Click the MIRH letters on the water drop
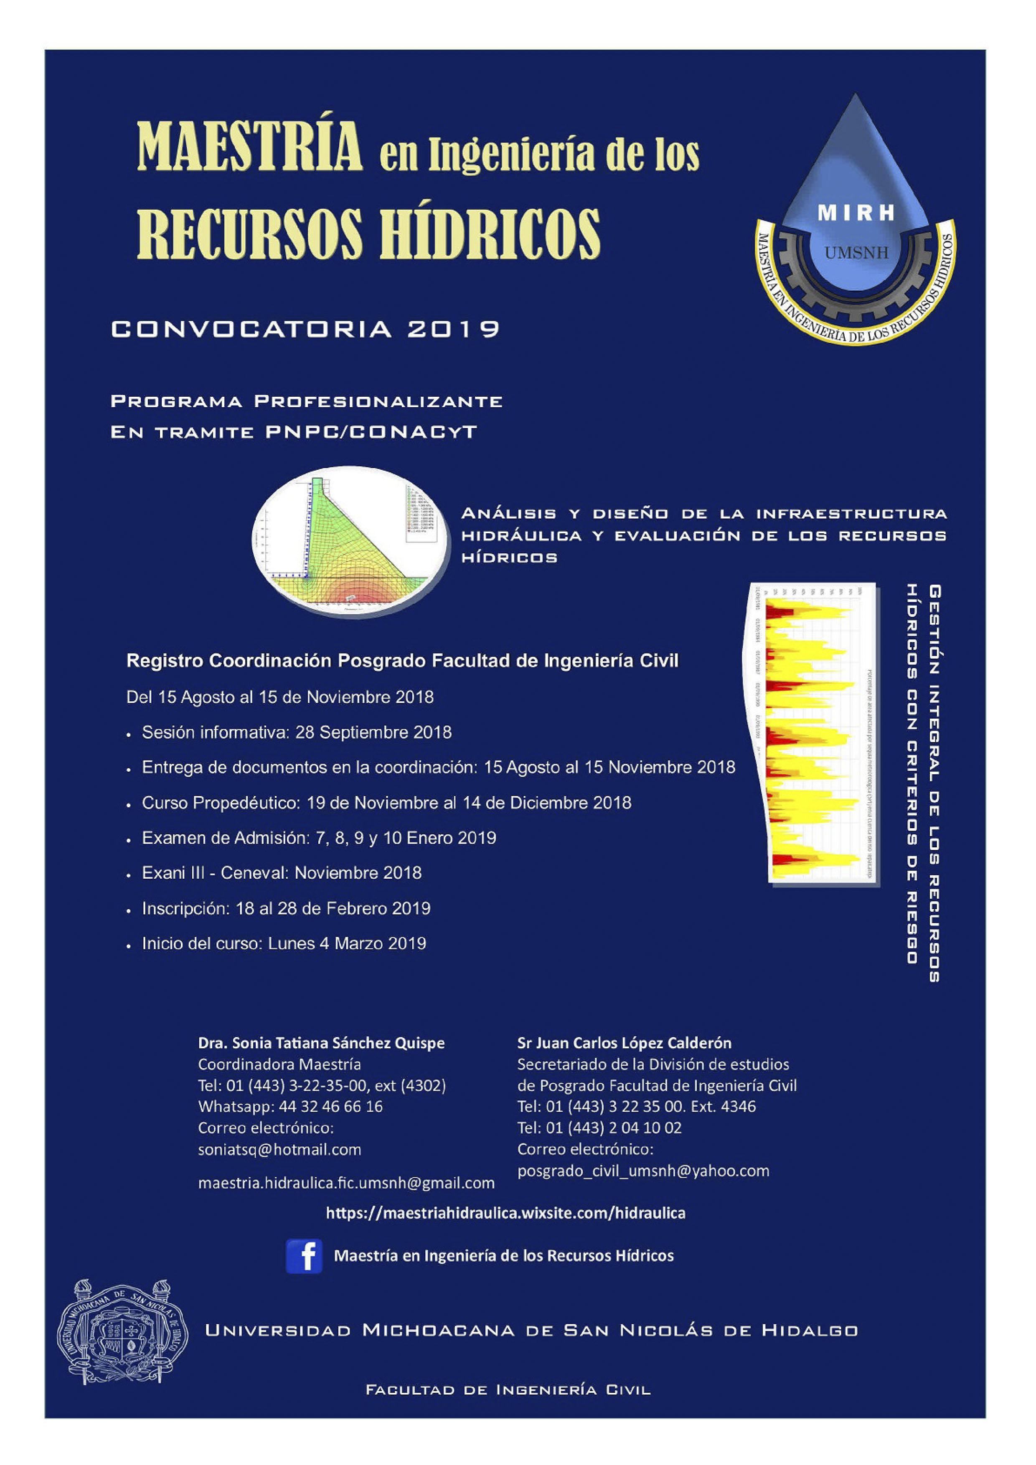(856, 213)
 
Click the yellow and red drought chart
(813, 734)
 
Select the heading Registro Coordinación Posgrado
(402, 661)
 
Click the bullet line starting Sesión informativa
(296, 732)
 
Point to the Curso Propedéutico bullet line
(386, 803)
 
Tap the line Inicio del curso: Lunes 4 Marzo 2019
(283, 944)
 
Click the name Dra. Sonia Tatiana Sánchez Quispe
(321, 1043)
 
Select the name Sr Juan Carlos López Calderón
(624, 1043)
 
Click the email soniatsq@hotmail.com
(279, 1150)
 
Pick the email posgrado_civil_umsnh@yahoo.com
(643, 1171)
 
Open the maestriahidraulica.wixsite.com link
(505, 1213)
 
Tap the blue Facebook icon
(304, 1256)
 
